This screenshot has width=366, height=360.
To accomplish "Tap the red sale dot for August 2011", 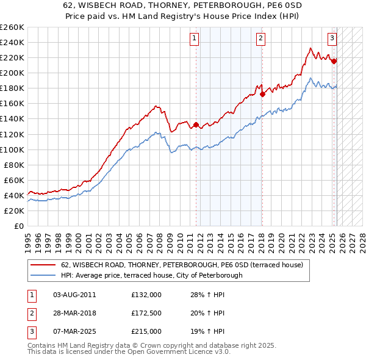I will [x=196, y=125].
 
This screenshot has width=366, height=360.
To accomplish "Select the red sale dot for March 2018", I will [x=262, y=94].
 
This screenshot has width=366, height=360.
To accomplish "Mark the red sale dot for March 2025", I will [x=334, y=61].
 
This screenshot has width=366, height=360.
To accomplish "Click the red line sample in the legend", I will [x=43, y=265].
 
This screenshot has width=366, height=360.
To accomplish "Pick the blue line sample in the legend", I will [x=43, y=275].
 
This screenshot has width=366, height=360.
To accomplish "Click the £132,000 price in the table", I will [x=146, y=295].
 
